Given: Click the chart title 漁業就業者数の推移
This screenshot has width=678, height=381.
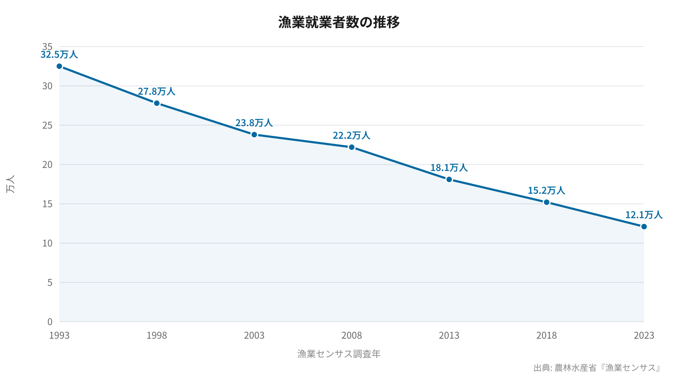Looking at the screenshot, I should (339, 22).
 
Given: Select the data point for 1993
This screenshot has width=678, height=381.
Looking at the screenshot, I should (59, 66).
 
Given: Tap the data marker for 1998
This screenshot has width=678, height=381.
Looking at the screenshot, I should (157, 103).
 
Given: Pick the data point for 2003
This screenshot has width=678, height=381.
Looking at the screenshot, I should (254, 135).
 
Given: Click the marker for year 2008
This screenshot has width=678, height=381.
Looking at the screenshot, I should (352, 147).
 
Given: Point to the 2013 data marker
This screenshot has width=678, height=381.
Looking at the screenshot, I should (449, 179).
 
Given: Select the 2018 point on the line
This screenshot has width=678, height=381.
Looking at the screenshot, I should (547, 202).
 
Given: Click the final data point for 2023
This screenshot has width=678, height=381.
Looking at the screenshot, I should (644, 226).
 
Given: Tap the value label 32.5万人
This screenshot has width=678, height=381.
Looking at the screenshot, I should (59, 55).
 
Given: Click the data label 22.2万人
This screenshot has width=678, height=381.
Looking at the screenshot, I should (352, 135).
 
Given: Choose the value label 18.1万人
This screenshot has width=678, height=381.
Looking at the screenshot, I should (449, 168).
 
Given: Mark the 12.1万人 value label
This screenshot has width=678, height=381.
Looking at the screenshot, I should (644, 215).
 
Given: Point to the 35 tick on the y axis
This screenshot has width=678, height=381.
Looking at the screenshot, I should (47, 47).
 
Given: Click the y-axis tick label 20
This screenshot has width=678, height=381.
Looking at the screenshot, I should (47, 165).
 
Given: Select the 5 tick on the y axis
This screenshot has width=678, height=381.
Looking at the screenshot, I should (50, 282).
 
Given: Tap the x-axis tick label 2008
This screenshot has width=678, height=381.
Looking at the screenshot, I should (352, 336).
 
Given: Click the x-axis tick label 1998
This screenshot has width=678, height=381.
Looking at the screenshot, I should (157, 336).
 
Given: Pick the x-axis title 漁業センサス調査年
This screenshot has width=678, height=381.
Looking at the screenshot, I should (339, 354).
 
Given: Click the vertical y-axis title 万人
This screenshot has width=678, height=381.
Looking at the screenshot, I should (11, 184).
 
